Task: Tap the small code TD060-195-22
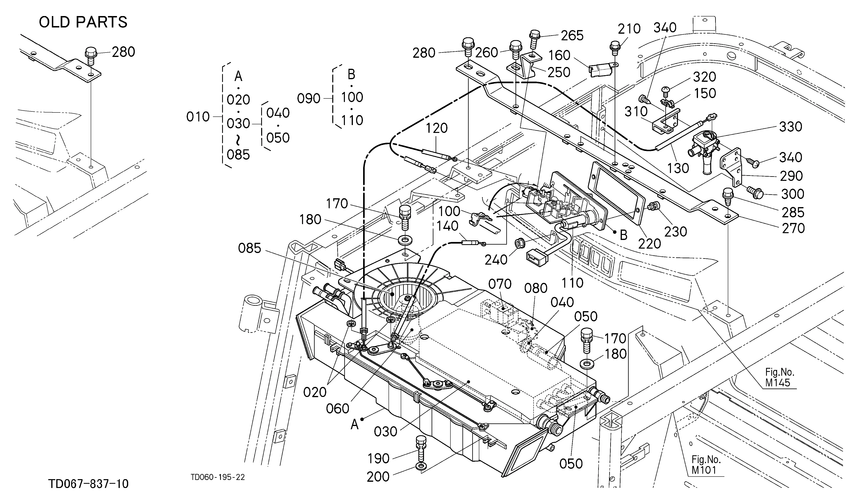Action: (218, 477)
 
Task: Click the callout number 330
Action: (791, 127)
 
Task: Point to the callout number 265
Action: (572, 35)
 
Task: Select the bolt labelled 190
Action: (420, 448)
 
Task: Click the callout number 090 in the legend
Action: (308, 99)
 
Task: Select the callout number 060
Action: (337, 408)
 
